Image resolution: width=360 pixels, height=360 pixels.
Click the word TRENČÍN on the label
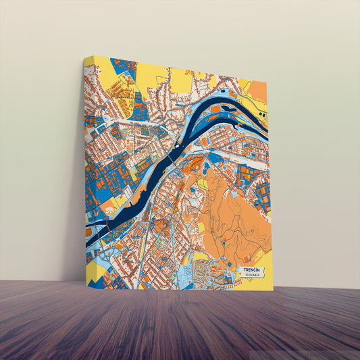[x=251, y=270]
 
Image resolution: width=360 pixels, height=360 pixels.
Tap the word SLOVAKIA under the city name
[x=251, y=276]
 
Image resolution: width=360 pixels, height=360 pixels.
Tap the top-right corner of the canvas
[x=267, y=81]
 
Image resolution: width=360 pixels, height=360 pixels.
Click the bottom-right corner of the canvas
[x=274, y=290]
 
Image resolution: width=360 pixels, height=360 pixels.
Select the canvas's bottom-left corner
[x=87, y=281]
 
